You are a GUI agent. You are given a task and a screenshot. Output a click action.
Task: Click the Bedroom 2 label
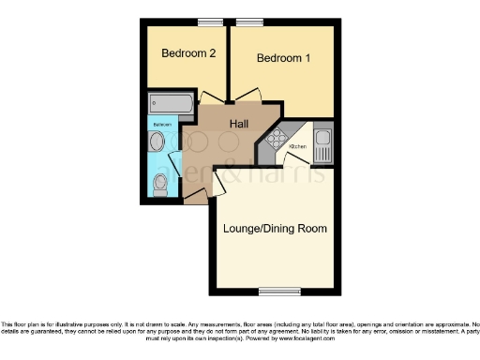coord(188,53)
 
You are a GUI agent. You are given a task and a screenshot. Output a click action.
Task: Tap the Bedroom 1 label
coord(283,58)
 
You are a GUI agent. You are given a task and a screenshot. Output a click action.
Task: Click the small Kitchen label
coord(300,146)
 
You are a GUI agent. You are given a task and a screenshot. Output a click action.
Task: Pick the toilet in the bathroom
coord(160,187)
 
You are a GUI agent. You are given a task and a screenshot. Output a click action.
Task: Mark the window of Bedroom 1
coord(249,21)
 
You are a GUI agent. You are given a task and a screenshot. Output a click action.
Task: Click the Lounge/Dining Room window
coord(279,290)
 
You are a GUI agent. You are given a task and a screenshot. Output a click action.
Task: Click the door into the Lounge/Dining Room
coord(217,184)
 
